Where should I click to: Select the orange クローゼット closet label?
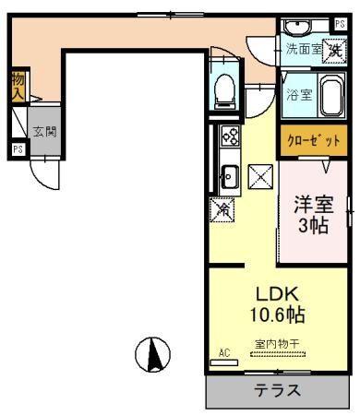coord(313,140)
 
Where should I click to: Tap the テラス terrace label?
coord(277,389)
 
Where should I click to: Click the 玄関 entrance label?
coord(44,131)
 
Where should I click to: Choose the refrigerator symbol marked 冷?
coord(222,209)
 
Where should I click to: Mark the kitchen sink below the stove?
coord(228,173)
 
